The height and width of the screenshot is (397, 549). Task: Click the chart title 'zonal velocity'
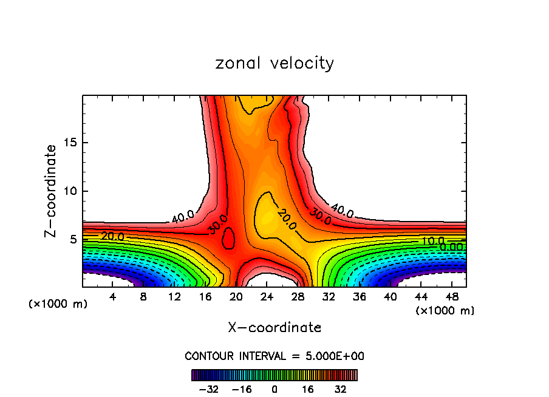point(274,63)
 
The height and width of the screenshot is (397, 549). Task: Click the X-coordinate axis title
point(274,328)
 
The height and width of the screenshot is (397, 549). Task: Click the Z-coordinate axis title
point(51,191)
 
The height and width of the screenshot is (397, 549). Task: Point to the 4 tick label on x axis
point(113,296)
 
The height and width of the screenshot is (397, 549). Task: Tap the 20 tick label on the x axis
point(236,296)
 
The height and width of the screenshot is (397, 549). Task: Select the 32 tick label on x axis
point(329,296)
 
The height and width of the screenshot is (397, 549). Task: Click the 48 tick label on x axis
point(452,296)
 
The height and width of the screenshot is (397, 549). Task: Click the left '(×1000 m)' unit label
point(58,304)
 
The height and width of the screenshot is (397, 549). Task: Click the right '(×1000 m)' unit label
point(445,311)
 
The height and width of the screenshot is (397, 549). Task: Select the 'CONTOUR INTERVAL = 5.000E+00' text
point(274,356)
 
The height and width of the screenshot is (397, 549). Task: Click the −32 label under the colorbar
point(208,389)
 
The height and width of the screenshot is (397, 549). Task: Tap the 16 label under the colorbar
point(309,389)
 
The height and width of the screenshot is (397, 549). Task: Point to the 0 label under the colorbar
point(274,389)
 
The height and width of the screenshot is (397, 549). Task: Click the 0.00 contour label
point(451,247)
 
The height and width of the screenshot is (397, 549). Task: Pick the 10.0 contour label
point(434,241)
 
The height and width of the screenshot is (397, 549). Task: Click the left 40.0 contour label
point(182,216)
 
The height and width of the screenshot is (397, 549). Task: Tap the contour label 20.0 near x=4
point(113,236)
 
